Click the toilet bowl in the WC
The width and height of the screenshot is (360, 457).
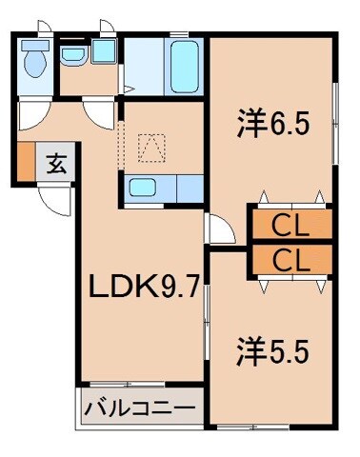(36, 65)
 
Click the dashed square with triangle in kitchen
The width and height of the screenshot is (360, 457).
(150, 147)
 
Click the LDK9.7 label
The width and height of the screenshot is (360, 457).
(143, 286)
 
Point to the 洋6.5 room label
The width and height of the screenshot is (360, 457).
(272, 125)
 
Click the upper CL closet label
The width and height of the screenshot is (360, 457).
(290, 226)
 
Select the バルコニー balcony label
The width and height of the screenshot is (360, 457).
(140, 408)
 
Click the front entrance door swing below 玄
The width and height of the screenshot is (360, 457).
(56, 198)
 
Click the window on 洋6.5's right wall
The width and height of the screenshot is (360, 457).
(334, 114)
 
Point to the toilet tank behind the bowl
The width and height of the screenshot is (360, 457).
(36, 46)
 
